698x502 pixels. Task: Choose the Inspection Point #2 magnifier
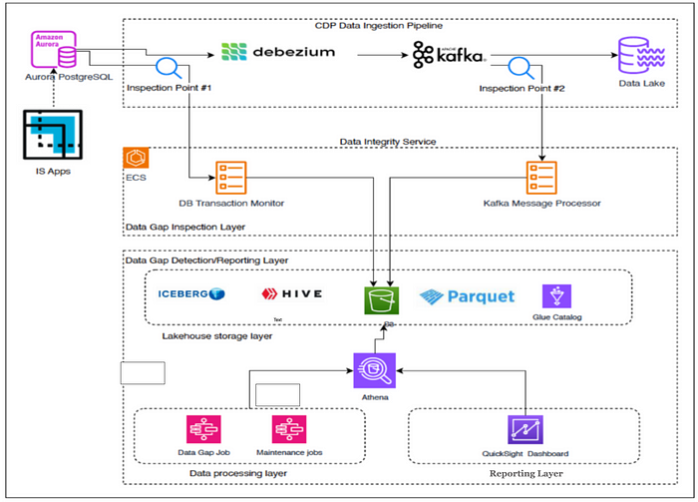click(x=518, y=69)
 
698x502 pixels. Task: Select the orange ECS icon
click(x=136, y=158)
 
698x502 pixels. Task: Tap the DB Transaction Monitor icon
click(x=231, y=178)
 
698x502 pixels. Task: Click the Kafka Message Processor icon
click(x=542, y=178)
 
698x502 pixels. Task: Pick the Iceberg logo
click(x=191, y=294)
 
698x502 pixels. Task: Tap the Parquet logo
click(x=468, y=295)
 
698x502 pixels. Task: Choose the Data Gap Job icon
click(x=202, y=430)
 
